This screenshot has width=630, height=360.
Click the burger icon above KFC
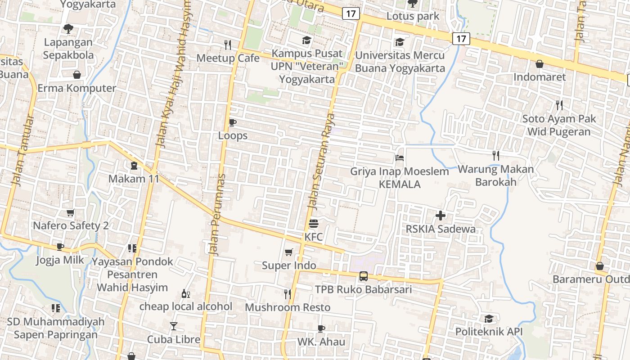pos(314,224)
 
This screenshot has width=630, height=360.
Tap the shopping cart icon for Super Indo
pos(288,252)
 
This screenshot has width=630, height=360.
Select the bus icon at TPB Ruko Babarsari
pos(363,276)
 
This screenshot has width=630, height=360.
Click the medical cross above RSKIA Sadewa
pos(441,216)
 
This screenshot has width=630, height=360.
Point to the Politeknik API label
pos(489,332)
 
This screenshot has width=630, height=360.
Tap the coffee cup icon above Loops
pos(233,122)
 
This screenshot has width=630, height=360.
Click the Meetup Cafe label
pos(228,58)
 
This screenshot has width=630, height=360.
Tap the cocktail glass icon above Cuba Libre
pos(174,326)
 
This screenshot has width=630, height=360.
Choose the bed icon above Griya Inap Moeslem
pos(399,158)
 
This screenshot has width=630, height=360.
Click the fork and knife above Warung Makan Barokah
pos(496,156)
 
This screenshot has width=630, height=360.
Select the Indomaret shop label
pos(540,77)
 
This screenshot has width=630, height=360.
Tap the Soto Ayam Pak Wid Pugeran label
pos(559,126)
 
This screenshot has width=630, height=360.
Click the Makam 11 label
pos(134,179)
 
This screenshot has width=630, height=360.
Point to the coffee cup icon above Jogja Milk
pos(60,247)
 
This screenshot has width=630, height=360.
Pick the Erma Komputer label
pos(76,88)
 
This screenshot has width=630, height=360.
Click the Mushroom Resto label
pos(288,307)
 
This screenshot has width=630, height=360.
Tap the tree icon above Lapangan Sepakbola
pos(68,29)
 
